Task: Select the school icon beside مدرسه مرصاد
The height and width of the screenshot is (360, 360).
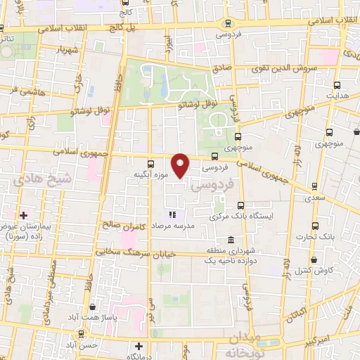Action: tap(170, 214)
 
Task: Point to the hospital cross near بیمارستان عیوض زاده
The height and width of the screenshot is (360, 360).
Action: tap(23, 214)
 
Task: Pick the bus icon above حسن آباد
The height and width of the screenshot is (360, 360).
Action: tap(84, 333)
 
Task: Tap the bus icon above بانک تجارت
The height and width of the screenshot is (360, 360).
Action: tap(314, 226)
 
